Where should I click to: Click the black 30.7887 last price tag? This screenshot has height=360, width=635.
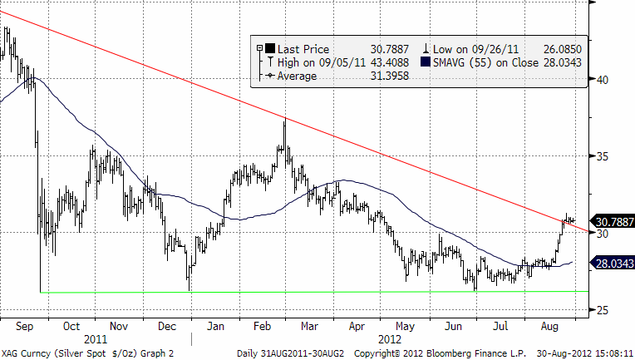pyautogui.click(x=613, y=222)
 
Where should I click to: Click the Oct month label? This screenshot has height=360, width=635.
pyautogui.click(x=71, y=327)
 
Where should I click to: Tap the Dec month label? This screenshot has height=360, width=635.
pyautogui.click(x=165, y=327)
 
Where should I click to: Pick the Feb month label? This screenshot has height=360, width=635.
pyautogui.click(x=262, y=327)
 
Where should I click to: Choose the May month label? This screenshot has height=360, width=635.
pyautogui.click(x=404, y=327)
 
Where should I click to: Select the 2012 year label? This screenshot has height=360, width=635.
pyautogui.click(x=388, y=339)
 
